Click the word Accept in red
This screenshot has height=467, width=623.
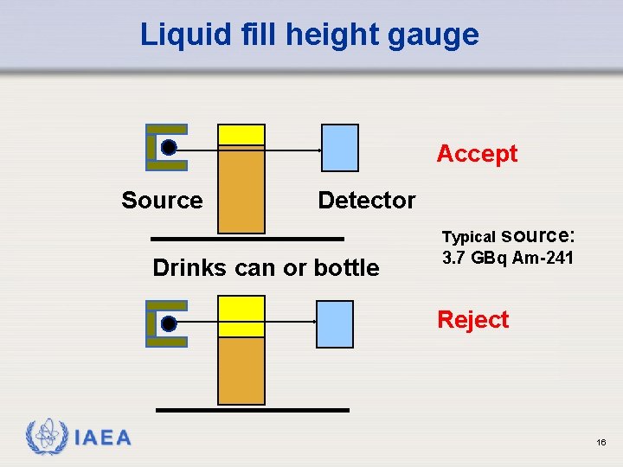[477, 154]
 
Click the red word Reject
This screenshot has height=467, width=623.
[473, 320]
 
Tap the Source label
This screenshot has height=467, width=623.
[162, 201]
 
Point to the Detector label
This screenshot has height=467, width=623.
[366, 201]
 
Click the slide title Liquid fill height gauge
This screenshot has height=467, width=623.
[309, 35]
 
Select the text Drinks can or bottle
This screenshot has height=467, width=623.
[266, 268]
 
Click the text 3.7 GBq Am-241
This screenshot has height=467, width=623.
[507, 258]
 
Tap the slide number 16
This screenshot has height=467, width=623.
[601, 442]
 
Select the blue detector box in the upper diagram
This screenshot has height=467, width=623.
[339, 148]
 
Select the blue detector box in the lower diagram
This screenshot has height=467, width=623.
[335, 323]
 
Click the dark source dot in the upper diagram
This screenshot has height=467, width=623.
[169, 148]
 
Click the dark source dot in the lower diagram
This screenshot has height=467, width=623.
[169, 323]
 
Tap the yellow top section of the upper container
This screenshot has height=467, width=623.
[241, 134]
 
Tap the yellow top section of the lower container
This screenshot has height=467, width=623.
[241, 315]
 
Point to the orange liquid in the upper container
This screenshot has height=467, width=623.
[241, 190]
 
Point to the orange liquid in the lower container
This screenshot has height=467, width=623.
[241, 370]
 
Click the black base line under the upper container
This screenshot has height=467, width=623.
[247, 238]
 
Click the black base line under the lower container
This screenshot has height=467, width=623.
[253, 410]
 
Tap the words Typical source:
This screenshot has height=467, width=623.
[507, 235]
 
